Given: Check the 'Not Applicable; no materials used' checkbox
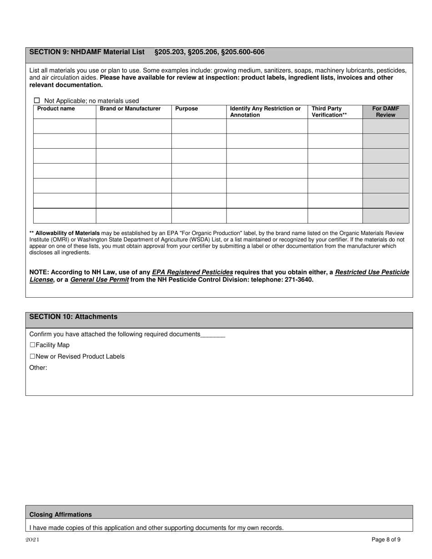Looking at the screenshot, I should (x=37, y=100).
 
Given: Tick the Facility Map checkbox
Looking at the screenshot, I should (x=32, y=345).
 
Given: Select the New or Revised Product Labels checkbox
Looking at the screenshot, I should (x=32, y=356).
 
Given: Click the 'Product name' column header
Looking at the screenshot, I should (x=56, y=109).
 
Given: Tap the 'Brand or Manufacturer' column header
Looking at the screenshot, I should (x=130, y=109).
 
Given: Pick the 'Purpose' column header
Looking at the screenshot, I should (x=186, y=109).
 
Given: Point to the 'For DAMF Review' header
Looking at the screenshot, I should (x=385, y=112).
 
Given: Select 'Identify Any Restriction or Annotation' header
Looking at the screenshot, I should (x=265, y=112).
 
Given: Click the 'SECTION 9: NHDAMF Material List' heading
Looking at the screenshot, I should (x=87, y=52).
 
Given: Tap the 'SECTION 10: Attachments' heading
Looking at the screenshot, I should (x=73, y=317).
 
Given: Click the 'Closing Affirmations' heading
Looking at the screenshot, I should (x=60, y=514).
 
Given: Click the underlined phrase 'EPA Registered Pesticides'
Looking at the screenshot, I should (x=192, y=272).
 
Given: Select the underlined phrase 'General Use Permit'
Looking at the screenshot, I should (x=99, y=279).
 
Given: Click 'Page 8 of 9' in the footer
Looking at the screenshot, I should (x=386, y=540).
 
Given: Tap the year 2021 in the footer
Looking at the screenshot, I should (x=32, y=540).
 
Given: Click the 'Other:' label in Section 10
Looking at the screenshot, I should (x=38, y=368).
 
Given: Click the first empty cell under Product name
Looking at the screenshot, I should (x=65, y=126).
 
